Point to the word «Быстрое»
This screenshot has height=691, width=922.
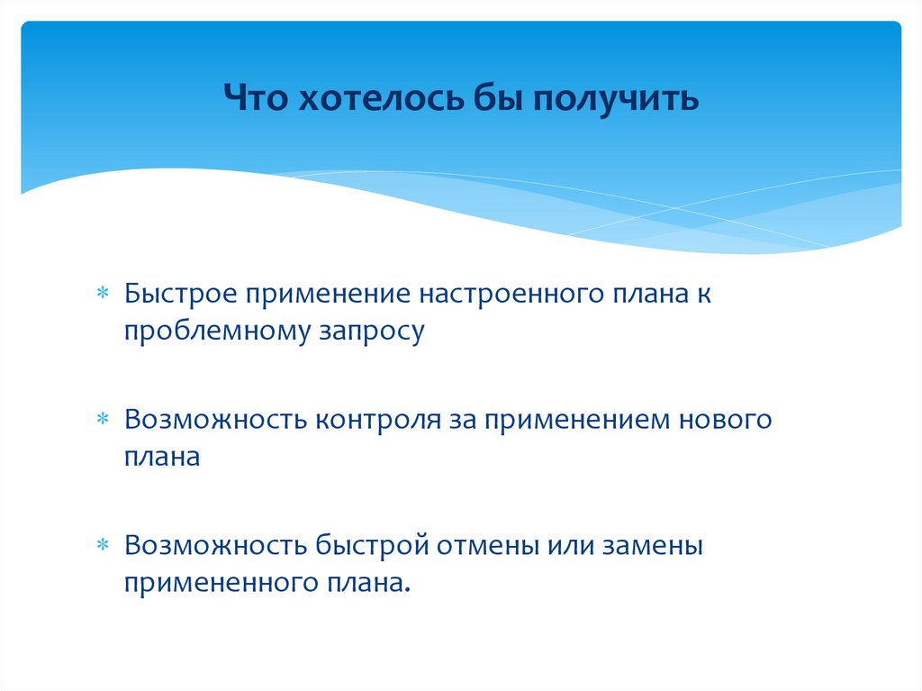(x=181, y=295)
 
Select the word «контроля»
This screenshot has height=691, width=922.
(x=376, y=421)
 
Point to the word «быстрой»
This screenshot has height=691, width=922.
(x=375, y=546)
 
